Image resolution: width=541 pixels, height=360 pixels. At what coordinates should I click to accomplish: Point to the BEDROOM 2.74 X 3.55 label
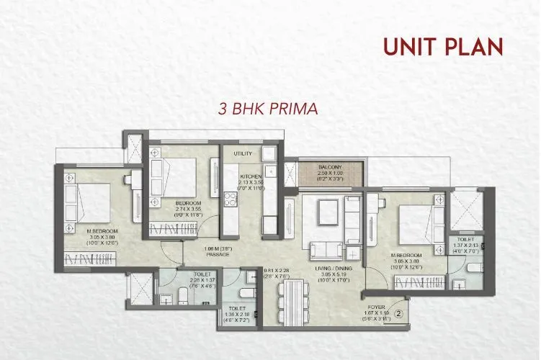(x=189, y=204)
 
